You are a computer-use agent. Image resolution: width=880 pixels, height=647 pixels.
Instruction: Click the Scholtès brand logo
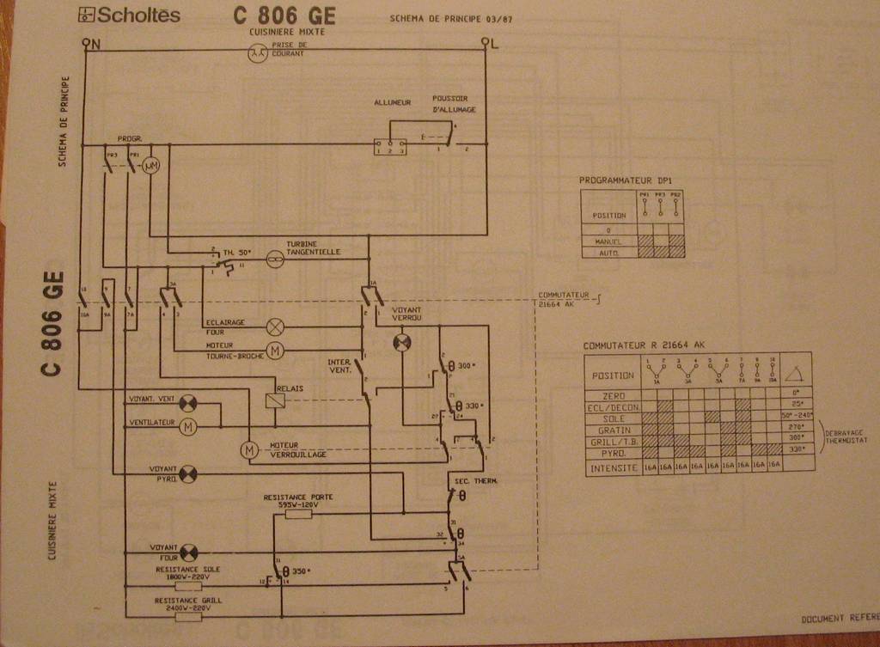pos(130,15)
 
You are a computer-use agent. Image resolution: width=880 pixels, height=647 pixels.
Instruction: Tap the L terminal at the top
pos(486,42)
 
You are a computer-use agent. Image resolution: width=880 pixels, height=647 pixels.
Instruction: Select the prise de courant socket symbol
pos(255,53)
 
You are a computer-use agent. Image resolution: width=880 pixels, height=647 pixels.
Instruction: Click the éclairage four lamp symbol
pos(275,326)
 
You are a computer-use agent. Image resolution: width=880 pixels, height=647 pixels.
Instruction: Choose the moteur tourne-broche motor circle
pos(275,350)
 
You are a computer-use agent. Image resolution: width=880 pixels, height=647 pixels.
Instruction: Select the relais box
pos(275,399)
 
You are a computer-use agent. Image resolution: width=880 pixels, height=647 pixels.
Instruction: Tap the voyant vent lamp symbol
pos(188,401)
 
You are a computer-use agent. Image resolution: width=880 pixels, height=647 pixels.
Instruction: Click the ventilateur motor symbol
pos(188,424)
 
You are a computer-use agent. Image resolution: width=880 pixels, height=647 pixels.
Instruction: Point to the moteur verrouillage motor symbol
pos(248,449)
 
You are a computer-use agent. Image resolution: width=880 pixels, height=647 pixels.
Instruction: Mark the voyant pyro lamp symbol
pos(188,473)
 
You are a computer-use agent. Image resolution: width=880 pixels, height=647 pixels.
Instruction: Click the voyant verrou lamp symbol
pos(402,342)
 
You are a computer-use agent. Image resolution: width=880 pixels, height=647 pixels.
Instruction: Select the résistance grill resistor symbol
pos(188,615)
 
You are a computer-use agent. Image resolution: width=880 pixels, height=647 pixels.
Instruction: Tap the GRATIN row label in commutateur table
pos(614,430)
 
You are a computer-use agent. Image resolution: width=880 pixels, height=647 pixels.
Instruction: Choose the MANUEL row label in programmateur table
pos(608,242)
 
